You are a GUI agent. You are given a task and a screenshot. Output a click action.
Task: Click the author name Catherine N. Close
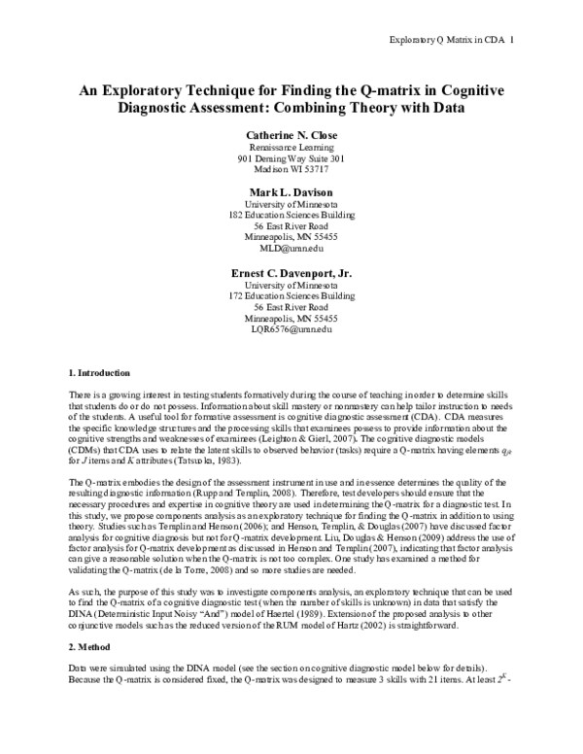[291, 132]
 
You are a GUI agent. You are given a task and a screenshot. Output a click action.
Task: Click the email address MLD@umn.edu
[291, 248]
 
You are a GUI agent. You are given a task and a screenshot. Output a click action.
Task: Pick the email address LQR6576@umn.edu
[291, 330]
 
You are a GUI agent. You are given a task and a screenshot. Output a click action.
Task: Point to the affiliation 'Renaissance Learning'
[291, 146]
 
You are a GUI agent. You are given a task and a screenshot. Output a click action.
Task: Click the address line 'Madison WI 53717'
[291, 171]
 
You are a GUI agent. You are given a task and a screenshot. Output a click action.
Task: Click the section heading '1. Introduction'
[101, 373]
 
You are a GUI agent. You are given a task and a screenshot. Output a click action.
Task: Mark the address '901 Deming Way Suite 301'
[291, 158]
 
